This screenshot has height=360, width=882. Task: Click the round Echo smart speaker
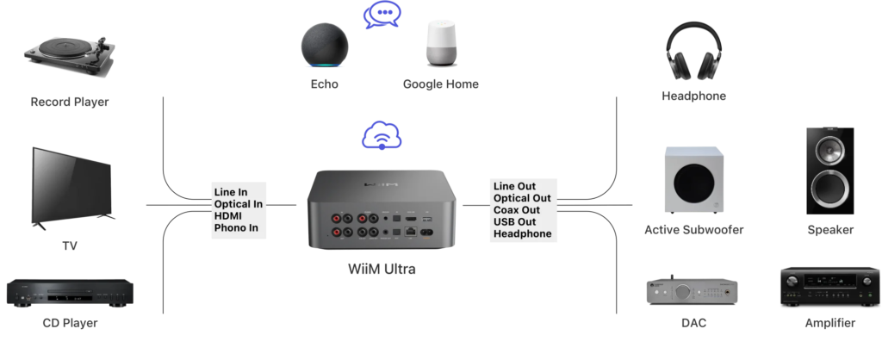(x=326, y=46)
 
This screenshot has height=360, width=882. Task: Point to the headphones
(x=693, y=51)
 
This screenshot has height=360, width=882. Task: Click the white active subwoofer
(x=694, y=181)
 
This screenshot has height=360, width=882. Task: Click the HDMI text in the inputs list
(x=230, y=216)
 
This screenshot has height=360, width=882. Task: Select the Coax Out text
(x=517, y=210)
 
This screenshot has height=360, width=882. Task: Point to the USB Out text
(x=514, y=222)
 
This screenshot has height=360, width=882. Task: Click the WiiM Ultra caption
(x=382, y=269)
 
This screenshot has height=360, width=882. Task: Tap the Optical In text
(x=239, y=204)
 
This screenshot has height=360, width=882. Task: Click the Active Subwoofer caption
(x=693, y=230)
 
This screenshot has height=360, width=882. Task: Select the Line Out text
(x=514, y=186)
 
